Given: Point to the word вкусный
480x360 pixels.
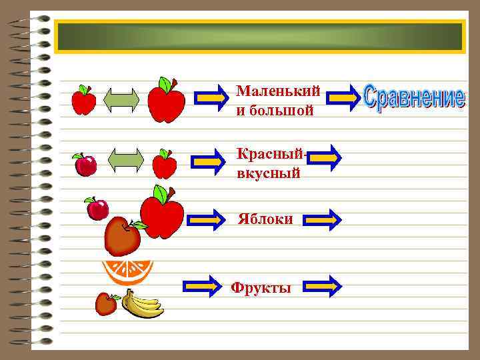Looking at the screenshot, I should pos(268,173).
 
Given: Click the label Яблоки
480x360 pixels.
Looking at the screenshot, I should pos(265,219).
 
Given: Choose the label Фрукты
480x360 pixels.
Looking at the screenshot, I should pos(261,288).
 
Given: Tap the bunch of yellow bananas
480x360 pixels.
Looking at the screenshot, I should pos(143,305).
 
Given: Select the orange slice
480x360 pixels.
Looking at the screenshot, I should pos(127,271).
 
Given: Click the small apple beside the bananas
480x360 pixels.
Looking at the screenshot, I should pos(105,304).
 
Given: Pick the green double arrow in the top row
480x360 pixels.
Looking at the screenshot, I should pos(122,100).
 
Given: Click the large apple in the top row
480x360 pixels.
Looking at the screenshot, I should pos(166,101).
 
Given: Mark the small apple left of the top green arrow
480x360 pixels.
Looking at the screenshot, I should pos(83,101).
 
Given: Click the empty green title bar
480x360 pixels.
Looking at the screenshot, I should pos(259,37).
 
